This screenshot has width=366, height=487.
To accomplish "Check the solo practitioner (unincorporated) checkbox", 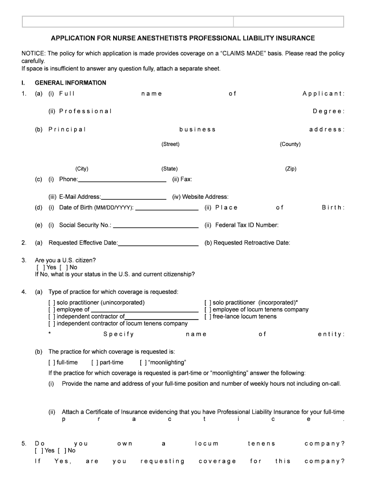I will pos(52,302).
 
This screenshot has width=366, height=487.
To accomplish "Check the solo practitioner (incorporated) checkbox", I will pos(208,302).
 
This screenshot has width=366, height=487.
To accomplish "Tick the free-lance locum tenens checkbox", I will pos(208,317).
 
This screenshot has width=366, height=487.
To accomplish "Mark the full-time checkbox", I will pos(52,363).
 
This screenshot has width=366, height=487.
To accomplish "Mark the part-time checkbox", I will pos(94,363).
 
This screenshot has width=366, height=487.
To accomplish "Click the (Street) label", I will pos(170,144).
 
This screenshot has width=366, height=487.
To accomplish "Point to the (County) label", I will pos(290,144).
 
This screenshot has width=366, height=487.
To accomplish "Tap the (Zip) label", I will pos(290,169).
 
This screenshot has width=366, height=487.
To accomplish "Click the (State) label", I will pos(169,169).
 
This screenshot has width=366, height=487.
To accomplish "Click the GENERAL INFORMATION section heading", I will pos(70,83).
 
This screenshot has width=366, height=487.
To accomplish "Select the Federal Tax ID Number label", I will pos(247,225).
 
